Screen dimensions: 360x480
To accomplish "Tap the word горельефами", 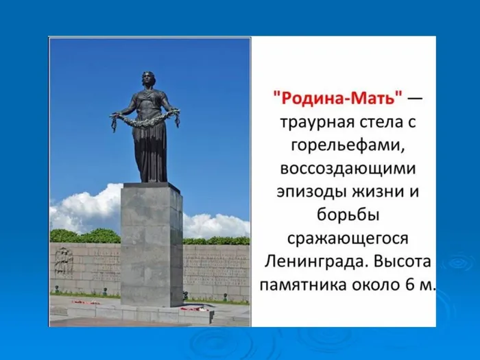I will [x=346, y=146].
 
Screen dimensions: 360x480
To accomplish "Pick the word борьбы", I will [x=346, y=215].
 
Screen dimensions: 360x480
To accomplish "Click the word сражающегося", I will [x=346, y=238].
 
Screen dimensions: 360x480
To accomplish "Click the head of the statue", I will [x=149, y=78].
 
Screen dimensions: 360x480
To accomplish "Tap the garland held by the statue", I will [x=145, y=122].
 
